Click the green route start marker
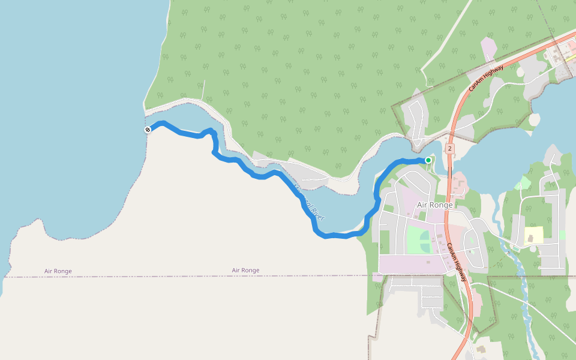tap(428, 160)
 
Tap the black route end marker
tap(148, 130)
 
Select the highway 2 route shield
tap(450, 148)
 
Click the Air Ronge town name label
tap(434, 205)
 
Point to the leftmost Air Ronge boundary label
tap(58, 271)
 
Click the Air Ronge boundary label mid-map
tap(245, 271)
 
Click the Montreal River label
tap(310, 204)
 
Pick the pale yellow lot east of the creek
tap(533, 235)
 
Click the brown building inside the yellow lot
tap(530, 238)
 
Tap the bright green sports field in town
tap(419, 240)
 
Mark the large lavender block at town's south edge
tap(408, 264)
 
